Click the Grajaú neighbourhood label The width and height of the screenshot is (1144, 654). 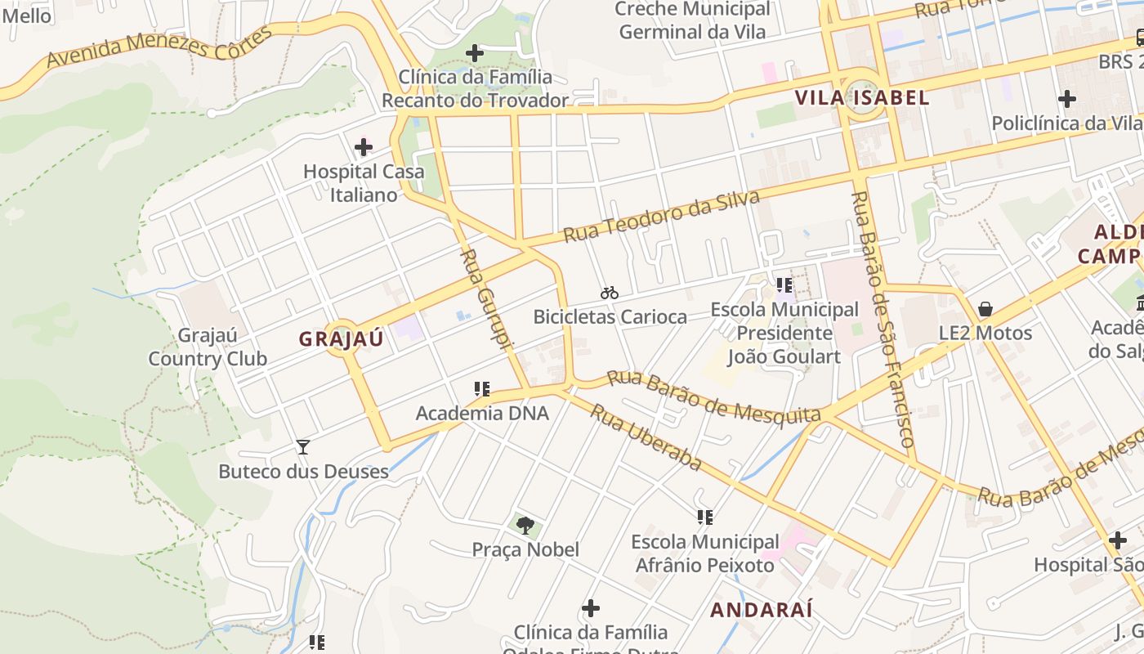(341, 339)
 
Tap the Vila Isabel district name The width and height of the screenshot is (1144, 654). (862, 98)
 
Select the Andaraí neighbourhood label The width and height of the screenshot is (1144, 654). (761, 610)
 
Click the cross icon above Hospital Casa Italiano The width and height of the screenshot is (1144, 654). (364, 147)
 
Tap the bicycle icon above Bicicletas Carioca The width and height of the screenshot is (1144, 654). (610, 293)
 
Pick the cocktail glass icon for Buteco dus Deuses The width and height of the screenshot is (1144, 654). (303, 447)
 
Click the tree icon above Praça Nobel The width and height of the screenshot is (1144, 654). (525, 525)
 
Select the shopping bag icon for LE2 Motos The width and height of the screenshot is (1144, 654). (985, 309)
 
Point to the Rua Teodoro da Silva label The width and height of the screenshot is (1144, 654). (661, 217)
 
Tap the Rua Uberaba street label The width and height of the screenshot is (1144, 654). (646, 437)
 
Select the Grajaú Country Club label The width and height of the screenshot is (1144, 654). (208, 347)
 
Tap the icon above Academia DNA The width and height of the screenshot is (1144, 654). (482, 389)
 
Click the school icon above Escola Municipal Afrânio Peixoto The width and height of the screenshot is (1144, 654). (705, 517)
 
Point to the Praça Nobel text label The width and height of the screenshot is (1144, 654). (525, 549)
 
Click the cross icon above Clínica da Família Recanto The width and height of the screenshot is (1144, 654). (475, 54)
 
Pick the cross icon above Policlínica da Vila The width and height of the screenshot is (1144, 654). (1066, 99)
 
